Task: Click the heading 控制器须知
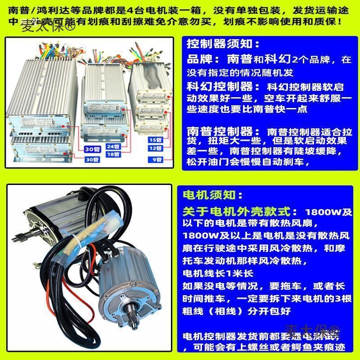(223, 44)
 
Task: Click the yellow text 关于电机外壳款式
(238, 211)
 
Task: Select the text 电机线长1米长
(218, 273)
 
